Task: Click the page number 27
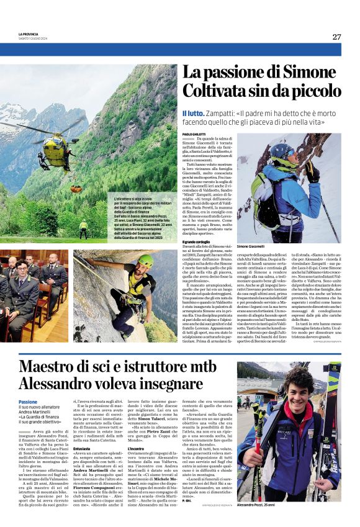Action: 336,37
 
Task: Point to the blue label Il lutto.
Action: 193,114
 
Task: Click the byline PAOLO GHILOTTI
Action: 195,135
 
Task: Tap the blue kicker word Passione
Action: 28,402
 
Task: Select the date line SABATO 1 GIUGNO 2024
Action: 34,39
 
